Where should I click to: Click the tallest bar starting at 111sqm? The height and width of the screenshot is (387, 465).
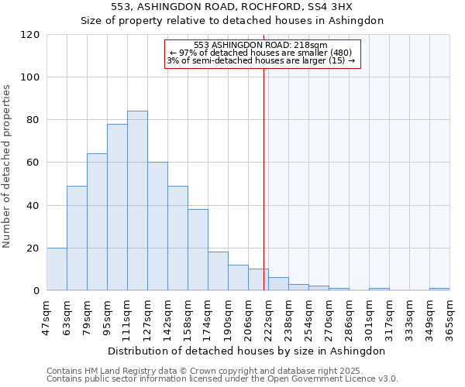click(137, 201)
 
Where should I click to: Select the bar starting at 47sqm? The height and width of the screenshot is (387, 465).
click(57, 269)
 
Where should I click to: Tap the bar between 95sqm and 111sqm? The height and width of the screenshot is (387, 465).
click(117, 207)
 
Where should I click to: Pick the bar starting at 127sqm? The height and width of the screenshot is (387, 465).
click(157, 226)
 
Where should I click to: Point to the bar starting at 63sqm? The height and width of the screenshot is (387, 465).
click(77, 238)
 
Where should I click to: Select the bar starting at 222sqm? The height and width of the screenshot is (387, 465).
click(278, 284)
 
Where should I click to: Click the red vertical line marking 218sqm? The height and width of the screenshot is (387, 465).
click(264, 178)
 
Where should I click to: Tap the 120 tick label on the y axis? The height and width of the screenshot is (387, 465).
click(30, 35)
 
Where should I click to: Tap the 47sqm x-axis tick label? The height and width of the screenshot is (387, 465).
click(46, 316)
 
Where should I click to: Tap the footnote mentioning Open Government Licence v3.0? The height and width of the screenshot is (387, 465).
click(222, 379)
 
